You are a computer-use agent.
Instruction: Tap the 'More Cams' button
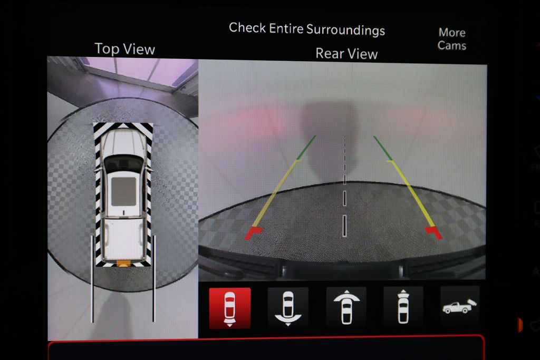coord(452,39)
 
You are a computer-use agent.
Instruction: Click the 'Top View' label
coord(124,49)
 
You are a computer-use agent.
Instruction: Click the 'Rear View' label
coord(346,54)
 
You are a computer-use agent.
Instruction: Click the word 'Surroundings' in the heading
coord(345,30)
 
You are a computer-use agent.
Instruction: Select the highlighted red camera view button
coord(230,308)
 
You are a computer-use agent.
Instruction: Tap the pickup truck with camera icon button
coord(460,306)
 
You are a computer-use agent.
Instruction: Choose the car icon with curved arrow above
coord(346,307)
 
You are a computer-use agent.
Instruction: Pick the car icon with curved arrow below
coord(288,308)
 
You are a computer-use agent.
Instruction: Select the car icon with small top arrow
coord(403,307)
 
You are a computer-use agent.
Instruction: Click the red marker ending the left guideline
coord(253,232)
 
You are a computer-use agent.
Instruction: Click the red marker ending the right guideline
coord(434,232)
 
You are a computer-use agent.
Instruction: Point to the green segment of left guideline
coord(307,147)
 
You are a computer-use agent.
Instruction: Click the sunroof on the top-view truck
coord(123,191)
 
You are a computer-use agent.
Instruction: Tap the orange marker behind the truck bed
coord(123,264)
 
